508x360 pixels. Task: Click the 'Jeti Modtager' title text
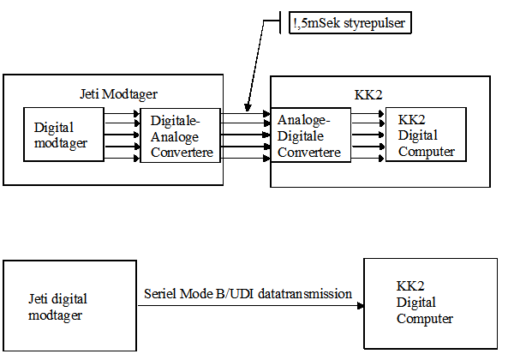[x=118, y=94]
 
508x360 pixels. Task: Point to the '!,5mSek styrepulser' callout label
[x=350, y=22]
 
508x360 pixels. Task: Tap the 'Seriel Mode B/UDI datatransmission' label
[x=248, y=294]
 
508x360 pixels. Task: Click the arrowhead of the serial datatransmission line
[x=361, y=305]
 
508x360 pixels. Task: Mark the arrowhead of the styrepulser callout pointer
[x=248, y=108]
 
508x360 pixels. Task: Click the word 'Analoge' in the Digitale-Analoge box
[x=175, y=137]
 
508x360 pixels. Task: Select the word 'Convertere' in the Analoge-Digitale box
[x=309, y=152]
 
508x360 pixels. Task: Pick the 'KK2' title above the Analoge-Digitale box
[x=368, y=95]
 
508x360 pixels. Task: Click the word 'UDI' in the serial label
[x=242, y=294]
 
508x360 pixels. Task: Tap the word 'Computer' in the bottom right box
[x=425, y=319]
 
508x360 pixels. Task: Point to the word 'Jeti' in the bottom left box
[x=38, y=298]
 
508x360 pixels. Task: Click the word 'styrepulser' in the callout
[x=374, y=23]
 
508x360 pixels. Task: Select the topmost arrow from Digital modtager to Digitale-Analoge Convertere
[x=122, y=114]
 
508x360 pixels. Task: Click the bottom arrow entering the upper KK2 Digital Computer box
[x=368, y=159]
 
